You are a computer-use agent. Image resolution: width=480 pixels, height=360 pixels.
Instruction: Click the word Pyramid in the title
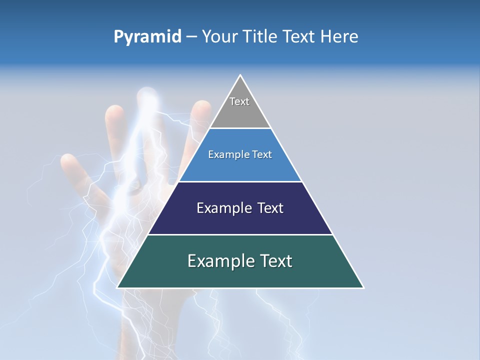147,37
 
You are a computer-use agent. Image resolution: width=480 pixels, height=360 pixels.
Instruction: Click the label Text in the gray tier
239,101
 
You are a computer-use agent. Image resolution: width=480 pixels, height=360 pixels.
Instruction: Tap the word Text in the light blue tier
262,155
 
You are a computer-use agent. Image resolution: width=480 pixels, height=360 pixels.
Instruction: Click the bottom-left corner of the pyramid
117,287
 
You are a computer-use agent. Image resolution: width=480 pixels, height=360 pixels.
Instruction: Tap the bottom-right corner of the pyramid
363,287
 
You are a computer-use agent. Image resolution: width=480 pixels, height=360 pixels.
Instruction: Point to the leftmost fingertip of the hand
67,161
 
